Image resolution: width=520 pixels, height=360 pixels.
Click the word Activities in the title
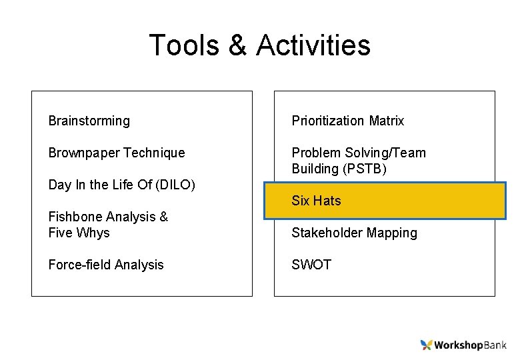313,45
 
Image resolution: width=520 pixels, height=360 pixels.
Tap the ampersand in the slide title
237,45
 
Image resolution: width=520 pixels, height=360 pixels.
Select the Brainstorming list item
89,121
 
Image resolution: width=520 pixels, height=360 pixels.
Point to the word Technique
154,153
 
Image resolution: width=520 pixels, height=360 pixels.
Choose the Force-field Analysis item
106,265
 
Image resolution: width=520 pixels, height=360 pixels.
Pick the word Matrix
387,121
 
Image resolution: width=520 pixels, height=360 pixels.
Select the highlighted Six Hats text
316,201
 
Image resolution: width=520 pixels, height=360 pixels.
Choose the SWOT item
311,265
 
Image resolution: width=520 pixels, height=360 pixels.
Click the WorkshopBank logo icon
426,345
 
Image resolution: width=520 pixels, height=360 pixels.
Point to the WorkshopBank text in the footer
470,345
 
